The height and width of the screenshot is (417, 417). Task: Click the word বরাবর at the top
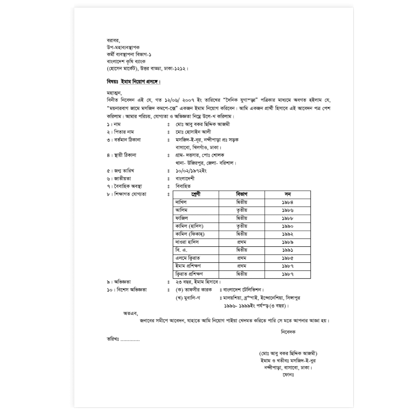(x=113, y=40)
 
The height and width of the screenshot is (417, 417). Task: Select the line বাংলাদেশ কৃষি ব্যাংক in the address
(x=126, y=61)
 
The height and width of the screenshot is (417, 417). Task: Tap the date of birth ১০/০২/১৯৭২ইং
(x=191, y=171)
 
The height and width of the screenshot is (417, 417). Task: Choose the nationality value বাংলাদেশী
(x=185, y=179)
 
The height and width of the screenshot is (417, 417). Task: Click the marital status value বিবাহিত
(x=183, y=186)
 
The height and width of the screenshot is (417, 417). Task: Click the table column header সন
(x=287, y=194)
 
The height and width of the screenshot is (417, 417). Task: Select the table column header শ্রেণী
(x=196, y=194)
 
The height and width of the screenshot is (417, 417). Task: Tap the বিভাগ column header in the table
(x=242, y=194)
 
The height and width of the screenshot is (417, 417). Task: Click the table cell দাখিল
(x=181, y=202)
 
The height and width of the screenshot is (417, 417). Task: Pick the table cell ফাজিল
(x=181, y=218)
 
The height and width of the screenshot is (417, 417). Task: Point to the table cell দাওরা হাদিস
(x=187, y=242)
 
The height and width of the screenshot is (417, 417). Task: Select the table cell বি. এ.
(x=181, y=250)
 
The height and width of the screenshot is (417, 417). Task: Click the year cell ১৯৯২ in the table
(x=288, y=234)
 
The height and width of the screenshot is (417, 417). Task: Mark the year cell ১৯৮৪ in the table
(x=288, y=202)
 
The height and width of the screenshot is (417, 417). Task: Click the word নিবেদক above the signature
(x=288, y=332)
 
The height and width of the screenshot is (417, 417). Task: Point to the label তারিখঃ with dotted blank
(x=123, y=339)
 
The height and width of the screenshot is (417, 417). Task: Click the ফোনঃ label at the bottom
(x=289, y=375)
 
